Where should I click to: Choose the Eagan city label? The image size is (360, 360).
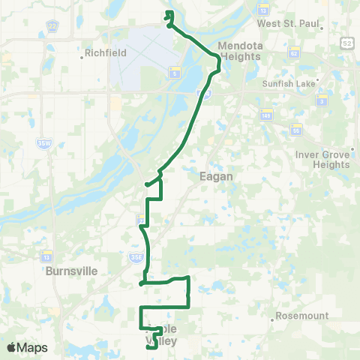(215, 176)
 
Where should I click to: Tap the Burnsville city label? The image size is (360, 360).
(72, 271)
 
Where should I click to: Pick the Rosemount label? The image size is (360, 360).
(300, 316)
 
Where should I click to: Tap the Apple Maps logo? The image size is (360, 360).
(28, 347)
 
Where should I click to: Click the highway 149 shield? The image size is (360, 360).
(265, 115)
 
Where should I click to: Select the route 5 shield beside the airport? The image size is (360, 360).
(174, 73)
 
